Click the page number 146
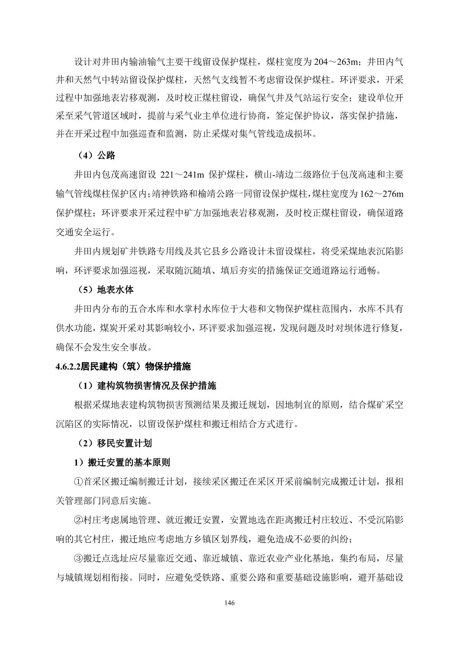pyautogui.click(x=230, y=603)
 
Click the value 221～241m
pyautogui.click(x=182, y=175)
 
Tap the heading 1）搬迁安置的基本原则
pyautogui.click(x=122, y=462)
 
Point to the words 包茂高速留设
pyautogui.click(x=129, y=175)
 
